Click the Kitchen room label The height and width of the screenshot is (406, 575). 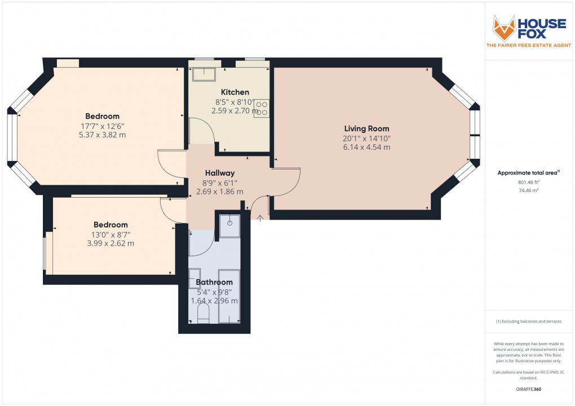click(235, 92)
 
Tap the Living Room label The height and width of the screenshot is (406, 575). click(367, 129)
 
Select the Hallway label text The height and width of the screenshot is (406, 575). click(219, 173)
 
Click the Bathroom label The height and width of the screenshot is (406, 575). click(214, 283)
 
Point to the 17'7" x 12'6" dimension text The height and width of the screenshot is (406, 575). click(102, 126)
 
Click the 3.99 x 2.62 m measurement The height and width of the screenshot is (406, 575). click(110, 244)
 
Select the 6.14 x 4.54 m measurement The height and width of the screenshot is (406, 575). click(367, 148)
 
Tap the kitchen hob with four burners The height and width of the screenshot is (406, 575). click(262, 108)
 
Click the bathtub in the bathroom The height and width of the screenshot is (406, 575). click(229, 297)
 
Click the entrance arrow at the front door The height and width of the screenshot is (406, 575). click(260, 217)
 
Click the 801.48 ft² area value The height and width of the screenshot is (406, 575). click(528, 182)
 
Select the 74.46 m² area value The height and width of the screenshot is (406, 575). click(528, 191)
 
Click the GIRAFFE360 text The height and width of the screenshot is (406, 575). click(528, 389)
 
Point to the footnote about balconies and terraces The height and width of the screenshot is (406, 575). click(528, 322)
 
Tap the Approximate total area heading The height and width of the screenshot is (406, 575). click(528, 173)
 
